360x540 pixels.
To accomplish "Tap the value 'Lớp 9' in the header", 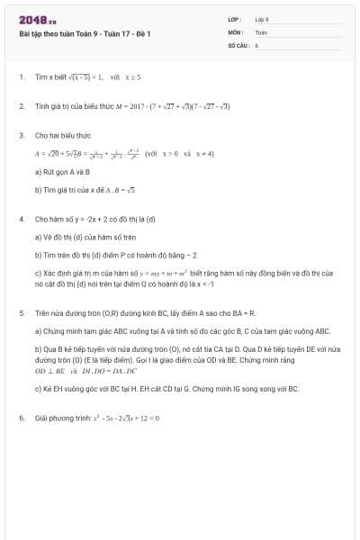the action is (262, 18).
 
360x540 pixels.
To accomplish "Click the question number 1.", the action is (21, 77).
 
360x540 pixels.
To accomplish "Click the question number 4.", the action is (21, 219).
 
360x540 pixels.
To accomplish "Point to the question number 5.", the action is (21, 313).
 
